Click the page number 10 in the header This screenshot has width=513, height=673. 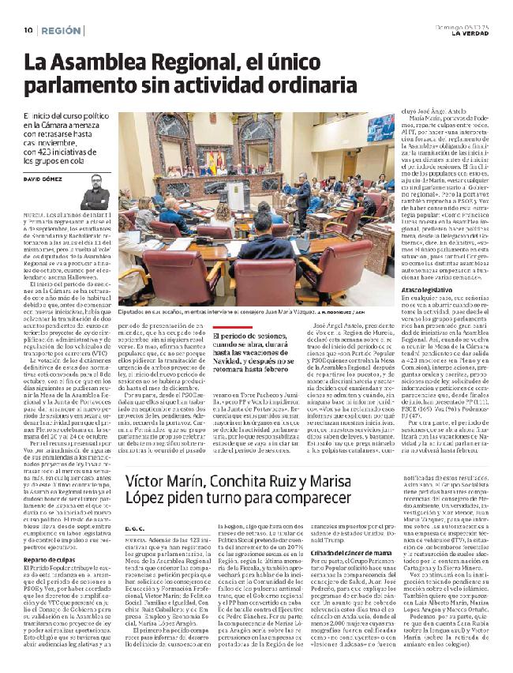tap(28, 30)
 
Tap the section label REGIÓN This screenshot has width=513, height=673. tap(62, 30)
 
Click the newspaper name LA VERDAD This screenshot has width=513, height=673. tap(469, 33)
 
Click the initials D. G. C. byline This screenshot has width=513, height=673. tap(136, 506)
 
